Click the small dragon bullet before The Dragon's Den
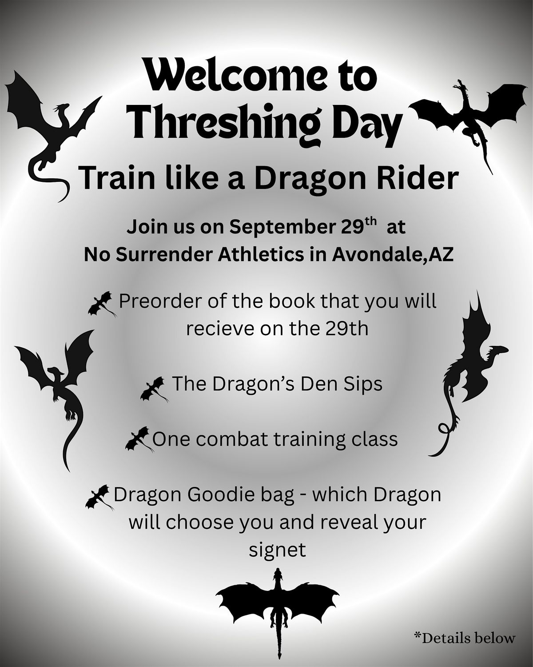click(x=154, y=390)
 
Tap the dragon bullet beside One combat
click(x=139, y=439)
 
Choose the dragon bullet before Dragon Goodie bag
click(x=99, y=497)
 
